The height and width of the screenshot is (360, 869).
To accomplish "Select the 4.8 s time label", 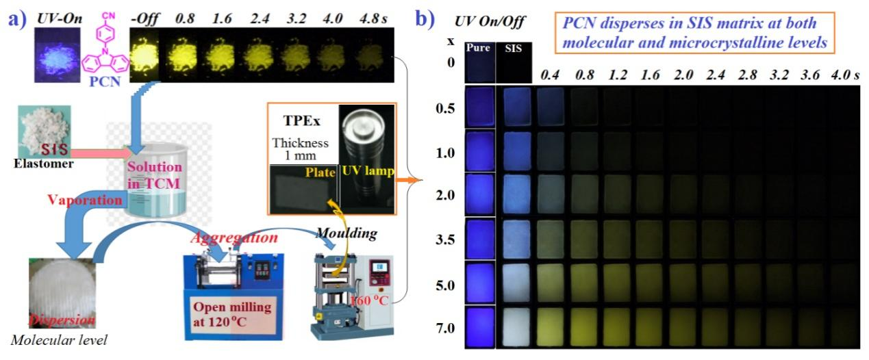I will point(372,15).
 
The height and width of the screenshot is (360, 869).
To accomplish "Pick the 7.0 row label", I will point(445,329).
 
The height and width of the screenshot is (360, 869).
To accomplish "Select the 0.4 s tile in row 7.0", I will point(551,328).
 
